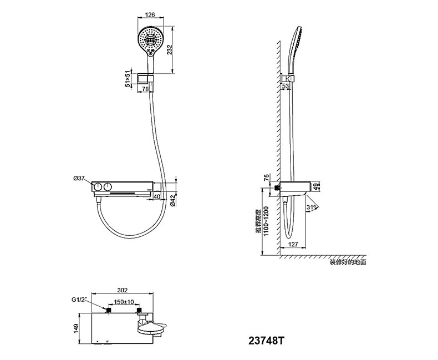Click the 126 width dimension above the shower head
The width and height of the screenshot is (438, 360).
150,14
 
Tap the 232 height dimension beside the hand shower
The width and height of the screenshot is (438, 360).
168,50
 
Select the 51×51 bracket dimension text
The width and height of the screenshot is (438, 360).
128,79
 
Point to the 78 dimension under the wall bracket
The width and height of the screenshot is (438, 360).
145,89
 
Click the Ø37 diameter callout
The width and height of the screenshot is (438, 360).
79,178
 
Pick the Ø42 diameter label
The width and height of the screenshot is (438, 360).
172,201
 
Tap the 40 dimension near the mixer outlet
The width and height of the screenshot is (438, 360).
157,196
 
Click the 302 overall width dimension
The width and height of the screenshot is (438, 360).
123,290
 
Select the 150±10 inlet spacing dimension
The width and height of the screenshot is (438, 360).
124,302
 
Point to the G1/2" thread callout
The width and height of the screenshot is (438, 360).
79,300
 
